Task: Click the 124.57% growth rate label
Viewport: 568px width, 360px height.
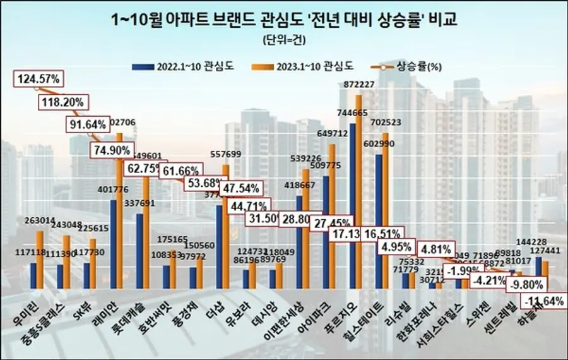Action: point(39,79)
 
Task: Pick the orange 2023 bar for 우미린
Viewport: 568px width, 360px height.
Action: point(40,259)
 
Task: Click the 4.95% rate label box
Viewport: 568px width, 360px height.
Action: point(398,246)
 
